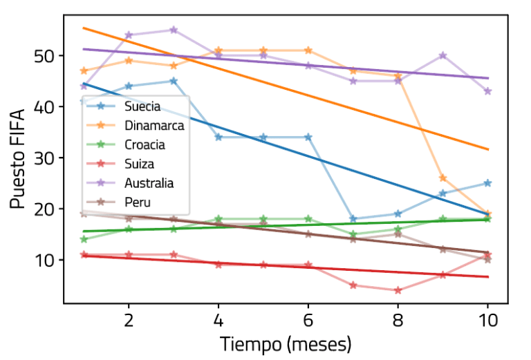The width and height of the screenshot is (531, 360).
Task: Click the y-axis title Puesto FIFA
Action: coord(19,158)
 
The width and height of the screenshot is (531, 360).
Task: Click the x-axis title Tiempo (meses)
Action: coord(286,343)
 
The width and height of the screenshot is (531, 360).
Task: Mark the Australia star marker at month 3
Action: coord(174,30)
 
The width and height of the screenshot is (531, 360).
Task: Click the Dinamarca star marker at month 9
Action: coord(442,178)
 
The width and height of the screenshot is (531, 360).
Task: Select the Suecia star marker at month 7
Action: coord(353,219)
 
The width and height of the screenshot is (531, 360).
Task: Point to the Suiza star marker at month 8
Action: coord(398,290)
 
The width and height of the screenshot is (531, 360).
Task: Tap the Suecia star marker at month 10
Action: coord(487,183)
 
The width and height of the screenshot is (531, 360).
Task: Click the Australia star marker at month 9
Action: coord(442,55)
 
